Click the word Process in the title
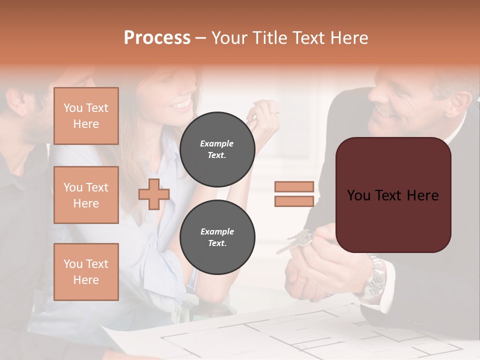click(157, 38)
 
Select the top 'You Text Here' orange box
click(86, 116)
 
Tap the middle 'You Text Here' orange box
click(86, 195)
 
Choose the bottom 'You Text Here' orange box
click(86, 272)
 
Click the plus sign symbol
click(154, 194)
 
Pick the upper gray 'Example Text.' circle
click(217, 149)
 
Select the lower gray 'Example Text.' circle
click(217, 237)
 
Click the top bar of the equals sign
click(294, 186)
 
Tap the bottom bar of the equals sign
click(294, 201)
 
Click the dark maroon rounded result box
click(393, 195)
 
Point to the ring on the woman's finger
click(274, 113)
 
